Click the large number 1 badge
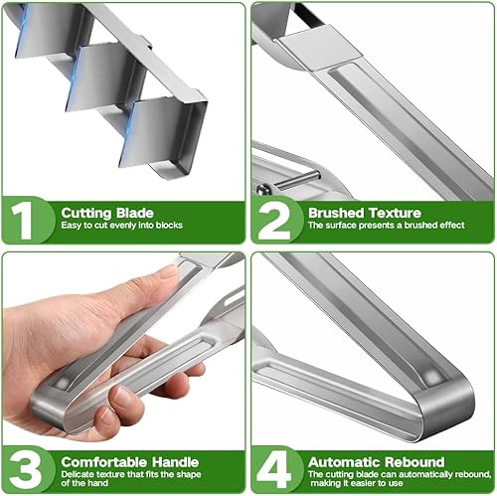(22, 221)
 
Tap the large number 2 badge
(273, 221)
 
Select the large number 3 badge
(26, 470)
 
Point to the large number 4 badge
(274, 470)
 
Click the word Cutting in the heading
(86, 213)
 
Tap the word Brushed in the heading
(336, 213)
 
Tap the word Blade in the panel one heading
(135, 213)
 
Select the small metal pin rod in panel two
(297, 180)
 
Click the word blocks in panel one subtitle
(169, 226)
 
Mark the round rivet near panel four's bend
(431, 377)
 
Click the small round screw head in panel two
(262, 190)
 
